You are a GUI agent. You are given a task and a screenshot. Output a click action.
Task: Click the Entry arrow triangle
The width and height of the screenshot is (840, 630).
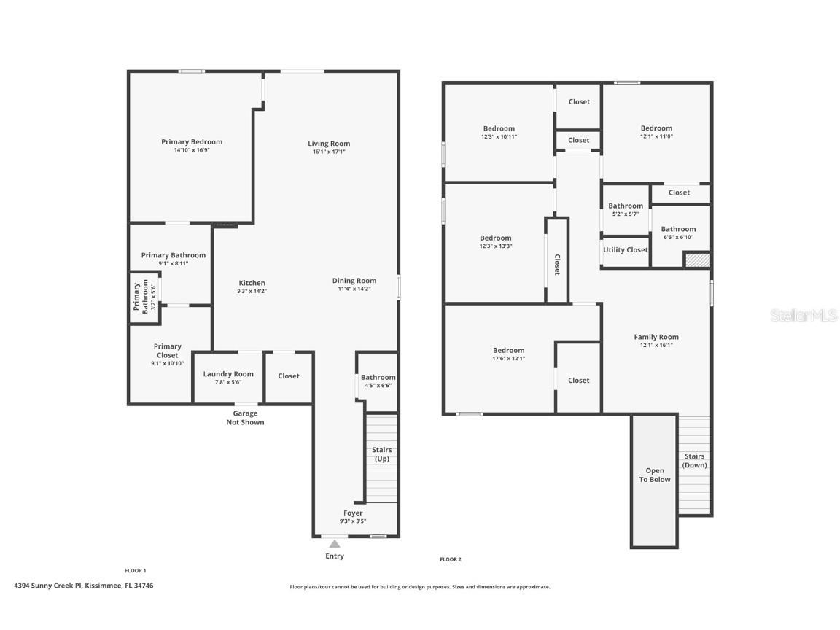pos(335,544)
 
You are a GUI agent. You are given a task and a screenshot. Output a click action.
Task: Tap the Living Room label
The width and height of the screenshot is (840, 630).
pos(329,144)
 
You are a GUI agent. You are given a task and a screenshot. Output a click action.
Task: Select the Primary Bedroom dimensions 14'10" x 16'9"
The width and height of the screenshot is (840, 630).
pos(192,150)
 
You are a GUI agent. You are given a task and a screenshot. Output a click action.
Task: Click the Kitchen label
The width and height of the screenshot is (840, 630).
pos(252,283)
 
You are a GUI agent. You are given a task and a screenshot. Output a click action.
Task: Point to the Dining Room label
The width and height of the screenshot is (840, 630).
pos(354,281)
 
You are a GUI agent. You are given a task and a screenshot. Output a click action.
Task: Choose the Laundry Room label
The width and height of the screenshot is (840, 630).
pos(228,374)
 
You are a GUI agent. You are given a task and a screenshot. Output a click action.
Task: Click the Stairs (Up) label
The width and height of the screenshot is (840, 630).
pos(382,454)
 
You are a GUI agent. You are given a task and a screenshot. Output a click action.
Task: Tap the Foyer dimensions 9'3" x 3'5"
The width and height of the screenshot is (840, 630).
pos(353,521)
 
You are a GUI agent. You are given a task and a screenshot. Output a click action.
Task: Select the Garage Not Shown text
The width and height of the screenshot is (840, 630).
pos(245,418)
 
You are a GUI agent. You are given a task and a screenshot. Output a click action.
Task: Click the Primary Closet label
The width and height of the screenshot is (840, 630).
pos(168,351)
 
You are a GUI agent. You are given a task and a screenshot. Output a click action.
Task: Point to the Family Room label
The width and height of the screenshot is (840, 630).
pos(656,337)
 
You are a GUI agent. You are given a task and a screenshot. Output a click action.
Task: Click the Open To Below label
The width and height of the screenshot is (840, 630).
pos(655,475)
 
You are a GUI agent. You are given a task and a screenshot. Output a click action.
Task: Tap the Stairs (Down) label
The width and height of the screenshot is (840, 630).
pos(694,461)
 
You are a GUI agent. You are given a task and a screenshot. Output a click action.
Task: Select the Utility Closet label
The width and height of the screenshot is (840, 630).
pos(625,250)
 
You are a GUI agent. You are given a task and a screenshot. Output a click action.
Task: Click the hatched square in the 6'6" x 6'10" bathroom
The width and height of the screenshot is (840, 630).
pos(698,260)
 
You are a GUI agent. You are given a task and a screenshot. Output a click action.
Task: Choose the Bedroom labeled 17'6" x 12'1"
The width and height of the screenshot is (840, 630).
pos(509,350)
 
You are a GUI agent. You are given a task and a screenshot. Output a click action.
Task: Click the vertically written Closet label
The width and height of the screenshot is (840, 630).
pos(557,265)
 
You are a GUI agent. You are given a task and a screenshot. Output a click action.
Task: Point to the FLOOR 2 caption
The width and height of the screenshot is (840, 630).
pos(451,559)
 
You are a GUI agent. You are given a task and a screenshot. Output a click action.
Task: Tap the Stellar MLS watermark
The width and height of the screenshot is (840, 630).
pos(804,316)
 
